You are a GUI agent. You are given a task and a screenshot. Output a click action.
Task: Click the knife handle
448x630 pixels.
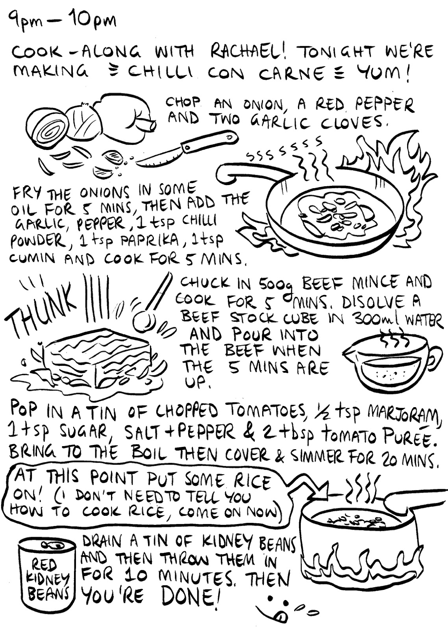209,141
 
